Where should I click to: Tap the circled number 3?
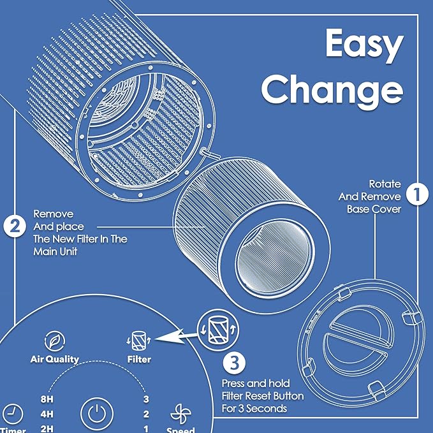tap(234, 363)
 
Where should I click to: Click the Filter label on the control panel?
tap(139, 359)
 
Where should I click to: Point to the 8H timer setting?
tap(47, 400)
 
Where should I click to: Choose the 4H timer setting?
tap(47, 413)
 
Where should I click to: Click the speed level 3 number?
tap(146, 400)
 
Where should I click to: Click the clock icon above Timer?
tap(12, 411)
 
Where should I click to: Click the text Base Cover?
tap(374, 209)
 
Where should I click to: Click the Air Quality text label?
tap(55, 359)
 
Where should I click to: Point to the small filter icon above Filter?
tap(138, 339)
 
